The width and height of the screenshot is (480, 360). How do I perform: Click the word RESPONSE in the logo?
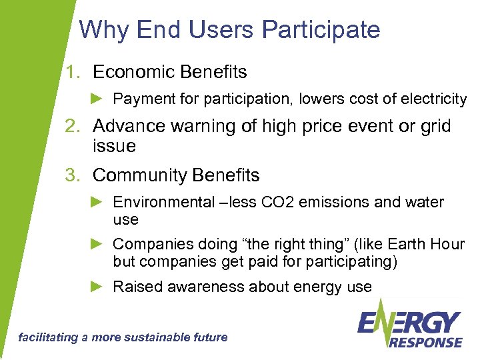(425, 342)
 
